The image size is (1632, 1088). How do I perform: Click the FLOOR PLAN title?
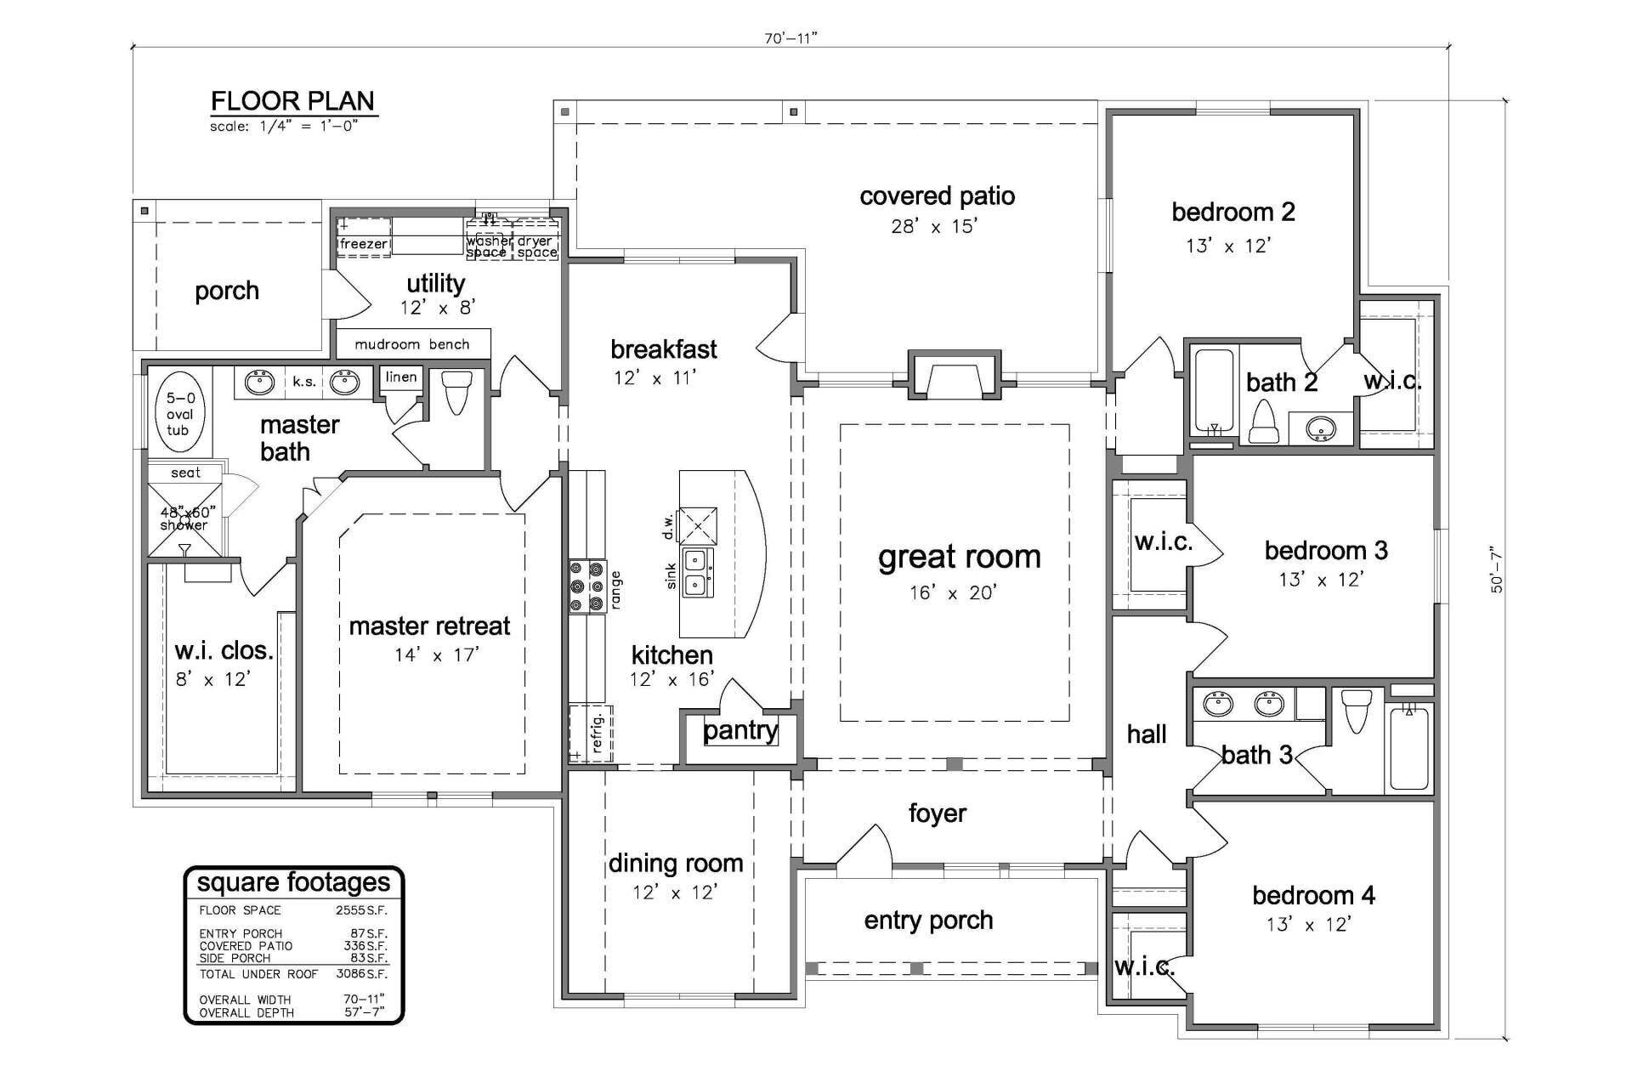292,101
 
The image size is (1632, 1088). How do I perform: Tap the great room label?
959,558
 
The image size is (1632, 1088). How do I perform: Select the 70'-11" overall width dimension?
790,37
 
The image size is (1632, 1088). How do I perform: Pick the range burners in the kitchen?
586,586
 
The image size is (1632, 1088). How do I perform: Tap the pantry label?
740,730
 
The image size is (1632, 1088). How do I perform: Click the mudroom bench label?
412,344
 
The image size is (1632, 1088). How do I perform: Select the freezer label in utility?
363,244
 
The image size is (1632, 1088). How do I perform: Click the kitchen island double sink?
698,573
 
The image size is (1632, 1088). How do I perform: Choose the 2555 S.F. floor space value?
361,909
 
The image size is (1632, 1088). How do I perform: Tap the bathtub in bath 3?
1408,748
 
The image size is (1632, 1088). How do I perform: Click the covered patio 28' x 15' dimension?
934,227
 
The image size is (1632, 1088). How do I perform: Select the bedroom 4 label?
1313,895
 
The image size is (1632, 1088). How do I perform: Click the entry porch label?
928,921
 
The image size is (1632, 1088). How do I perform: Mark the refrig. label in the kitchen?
597,733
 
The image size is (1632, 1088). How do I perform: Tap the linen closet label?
401,377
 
